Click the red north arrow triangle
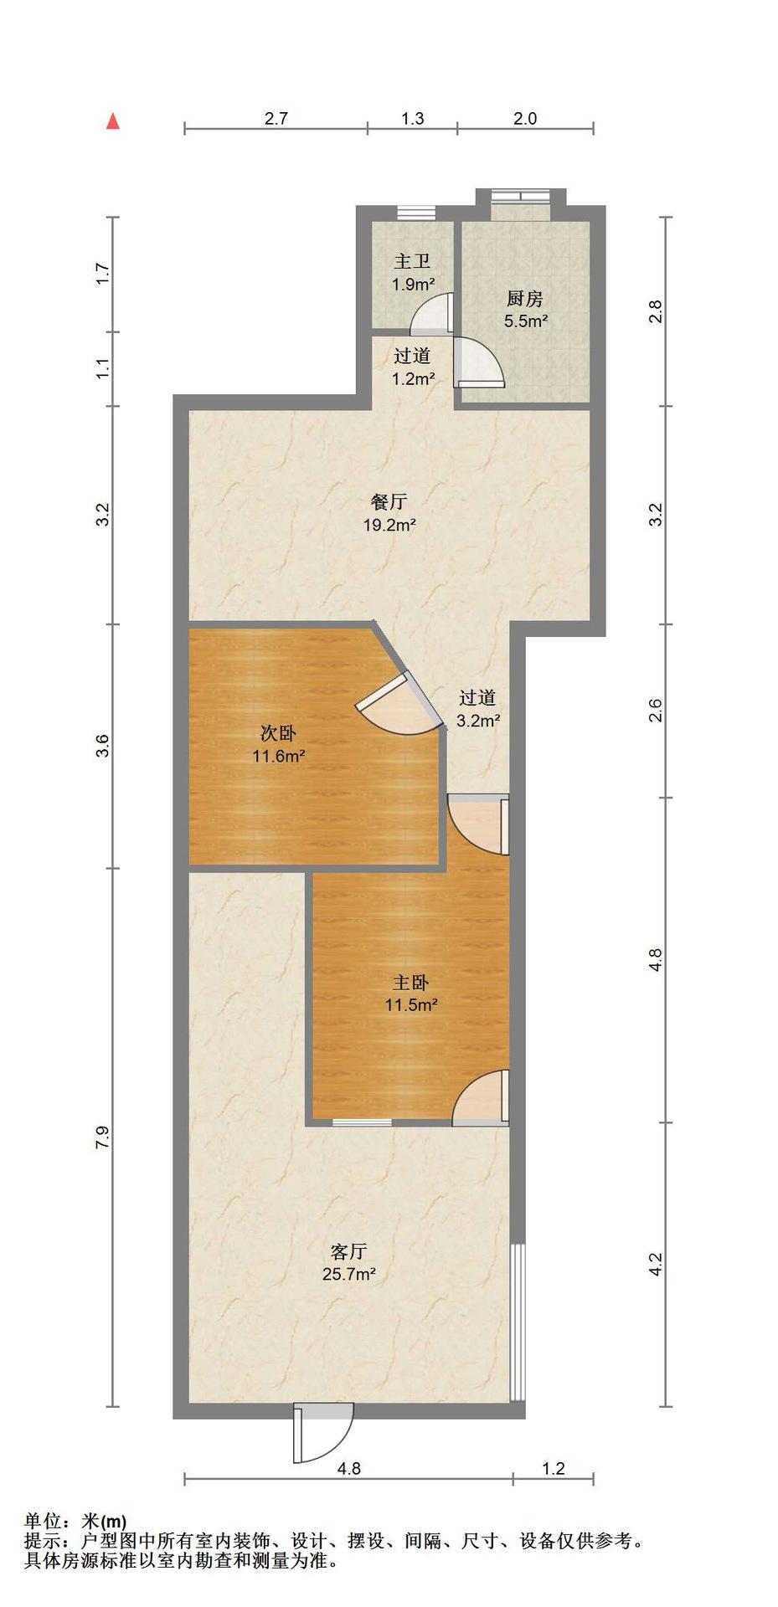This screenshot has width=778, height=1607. [x=112, y=122]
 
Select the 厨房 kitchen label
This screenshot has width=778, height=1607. [x=525, y=299]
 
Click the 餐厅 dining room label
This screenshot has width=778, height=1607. [x=389, y=502]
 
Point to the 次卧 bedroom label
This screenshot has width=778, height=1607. [x=278, y=734]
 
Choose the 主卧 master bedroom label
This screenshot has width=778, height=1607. [x=411, y=983]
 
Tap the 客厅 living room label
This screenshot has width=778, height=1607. [x=348, y=1252]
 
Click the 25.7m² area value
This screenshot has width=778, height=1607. [x=348, y=1275]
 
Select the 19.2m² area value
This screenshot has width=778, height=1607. [x=389, y=525]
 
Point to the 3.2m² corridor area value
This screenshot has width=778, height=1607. [x=479, y=720]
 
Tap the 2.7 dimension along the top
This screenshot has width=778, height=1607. [x=276, y=118]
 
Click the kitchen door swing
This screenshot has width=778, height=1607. [x=479, y=362]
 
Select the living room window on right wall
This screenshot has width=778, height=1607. [x=518, y=1322]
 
